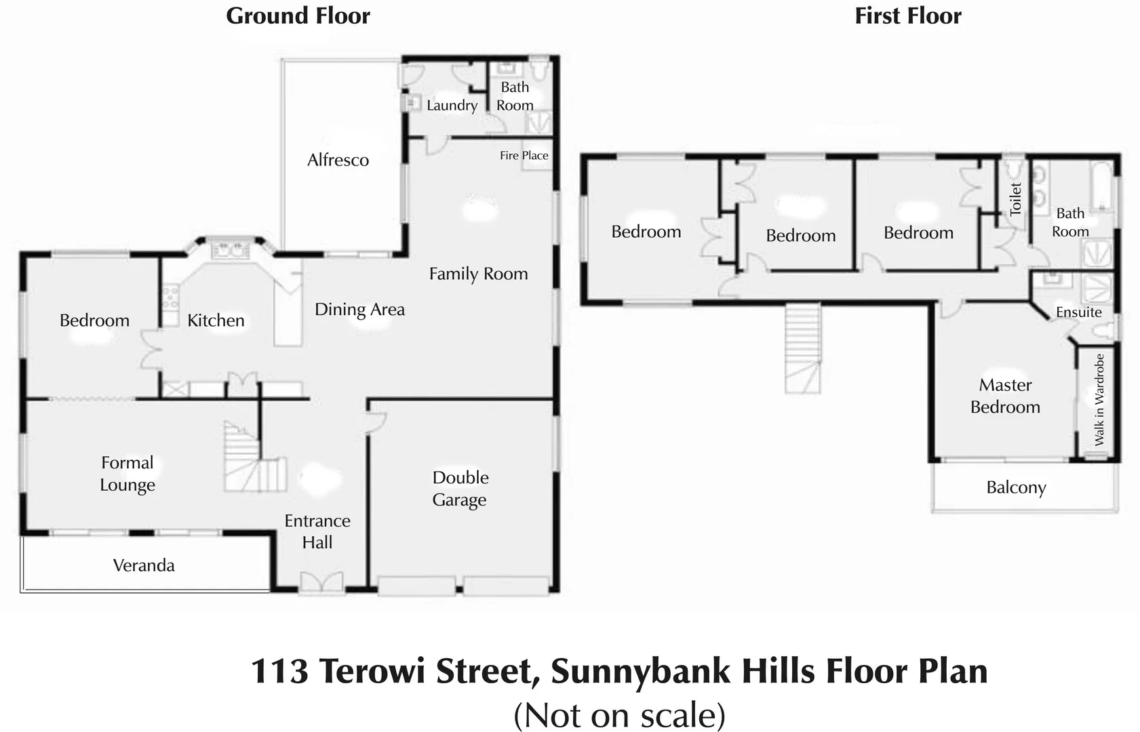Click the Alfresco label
(x=338, y=160)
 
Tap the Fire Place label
(x=524, y=155)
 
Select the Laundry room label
(x=452, y=105)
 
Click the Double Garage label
(x=460, y=488)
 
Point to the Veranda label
(x=144, y=565)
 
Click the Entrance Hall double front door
(x=321, y=582)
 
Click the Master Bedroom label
(x=1005, y=396)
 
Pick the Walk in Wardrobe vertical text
(x=1099, y=400)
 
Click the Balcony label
(x=1016, y=487)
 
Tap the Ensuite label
(x=1078, y=312)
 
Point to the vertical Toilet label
(x=1015, y=199)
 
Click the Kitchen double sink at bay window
(x=230, y=251)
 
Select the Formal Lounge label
(x=127, y=474)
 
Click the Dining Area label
(x=359, y=310)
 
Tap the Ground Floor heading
(x=298, y=16)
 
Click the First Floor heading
(x=907, y=16)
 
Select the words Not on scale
(x=619, y=716)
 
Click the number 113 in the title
(x=279, y=671)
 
